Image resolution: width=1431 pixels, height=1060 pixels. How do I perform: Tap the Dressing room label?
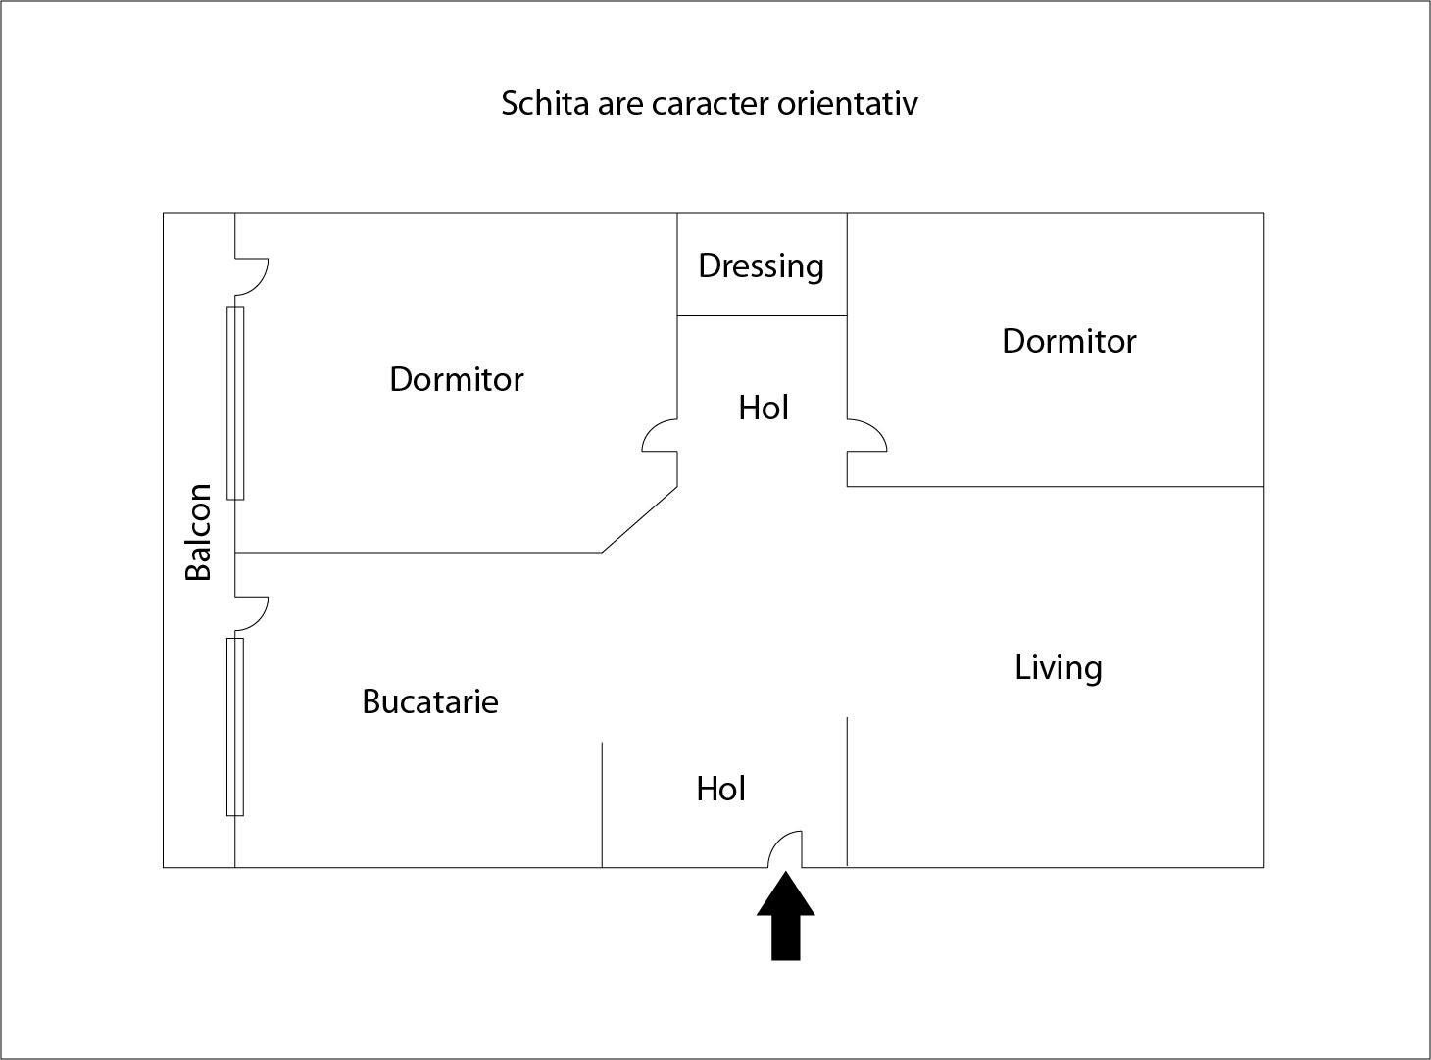761,266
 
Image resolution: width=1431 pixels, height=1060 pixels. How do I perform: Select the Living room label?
1058,668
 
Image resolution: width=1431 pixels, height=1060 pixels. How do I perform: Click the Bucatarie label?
430,702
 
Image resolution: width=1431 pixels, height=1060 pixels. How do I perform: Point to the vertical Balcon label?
198,532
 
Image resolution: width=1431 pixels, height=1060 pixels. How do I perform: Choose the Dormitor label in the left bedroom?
457,379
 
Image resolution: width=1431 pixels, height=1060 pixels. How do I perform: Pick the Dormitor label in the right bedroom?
1068,341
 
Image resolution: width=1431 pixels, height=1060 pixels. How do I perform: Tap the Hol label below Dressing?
764,408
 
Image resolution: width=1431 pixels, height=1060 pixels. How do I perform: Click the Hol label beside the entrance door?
720,789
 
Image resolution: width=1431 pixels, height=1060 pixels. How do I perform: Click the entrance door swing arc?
784,848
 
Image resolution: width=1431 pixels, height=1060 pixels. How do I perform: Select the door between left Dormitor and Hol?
661,435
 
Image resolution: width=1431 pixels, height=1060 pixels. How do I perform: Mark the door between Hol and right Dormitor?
866,435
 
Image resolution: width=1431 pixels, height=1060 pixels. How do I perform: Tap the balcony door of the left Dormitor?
251,276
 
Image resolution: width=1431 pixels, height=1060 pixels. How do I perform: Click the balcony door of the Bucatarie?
251,612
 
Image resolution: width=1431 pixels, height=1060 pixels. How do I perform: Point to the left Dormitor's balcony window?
235,403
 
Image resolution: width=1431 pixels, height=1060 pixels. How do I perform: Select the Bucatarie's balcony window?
235,726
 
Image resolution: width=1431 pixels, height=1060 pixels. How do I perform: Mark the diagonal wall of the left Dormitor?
639,519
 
